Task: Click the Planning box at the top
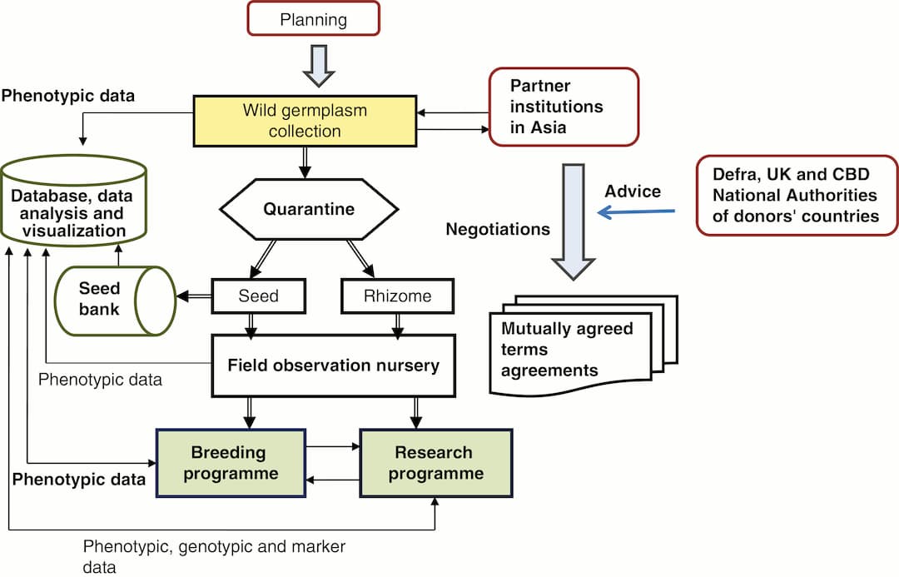[x=312, y=17]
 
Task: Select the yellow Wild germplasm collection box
[x=304, y=120]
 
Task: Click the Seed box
[x=257, y=296]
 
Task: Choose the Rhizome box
[x=398, y=296]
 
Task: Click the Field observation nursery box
[x=334, y=365]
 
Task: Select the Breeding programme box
[x=231, y=463]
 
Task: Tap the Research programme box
[x=435, y=463]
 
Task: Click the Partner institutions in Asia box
[x=563, y=107]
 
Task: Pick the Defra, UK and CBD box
[x=797, y=195]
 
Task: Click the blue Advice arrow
[x=637, y=212]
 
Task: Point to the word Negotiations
[x=498, y=228]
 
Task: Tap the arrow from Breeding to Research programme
[x=332, y=447]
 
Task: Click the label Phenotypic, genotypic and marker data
[x=213, y=556]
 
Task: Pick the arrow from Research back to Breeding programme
[x=332, y=480]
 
